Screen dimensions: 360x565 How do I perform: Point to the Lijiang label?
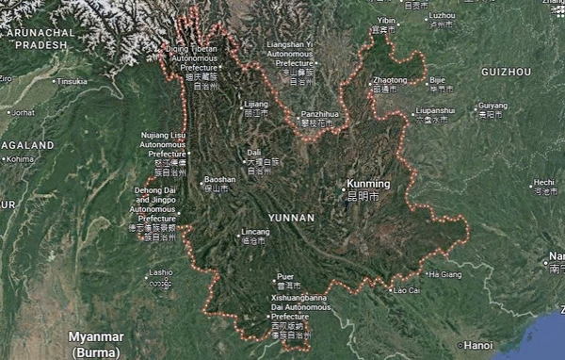tap(256, 104)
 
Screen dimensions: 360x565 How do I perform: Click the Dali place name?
tap(254, 152)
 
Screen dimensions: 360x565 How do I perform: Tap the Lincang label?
tap(255, 231)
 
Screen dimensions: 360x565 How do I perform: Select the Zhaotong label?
tap(392, 81)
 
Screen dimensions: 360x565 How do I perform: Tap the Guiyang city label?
tap(492, 106)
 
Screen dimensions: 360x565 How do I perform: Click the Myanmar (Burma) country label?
tap(96, 343)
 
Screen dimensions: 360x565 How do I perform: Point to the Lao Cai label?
tap(407, 289)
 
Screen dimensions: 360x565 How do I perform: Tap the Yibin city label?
tap(386, 20)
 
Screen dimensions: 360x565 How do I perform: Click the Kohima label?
tap(19, 159)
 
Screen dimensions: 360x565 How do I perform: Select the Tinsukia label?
tap(73, 81)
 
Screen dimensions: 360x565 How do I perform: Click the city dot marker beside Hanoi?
tap(458, 345)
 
